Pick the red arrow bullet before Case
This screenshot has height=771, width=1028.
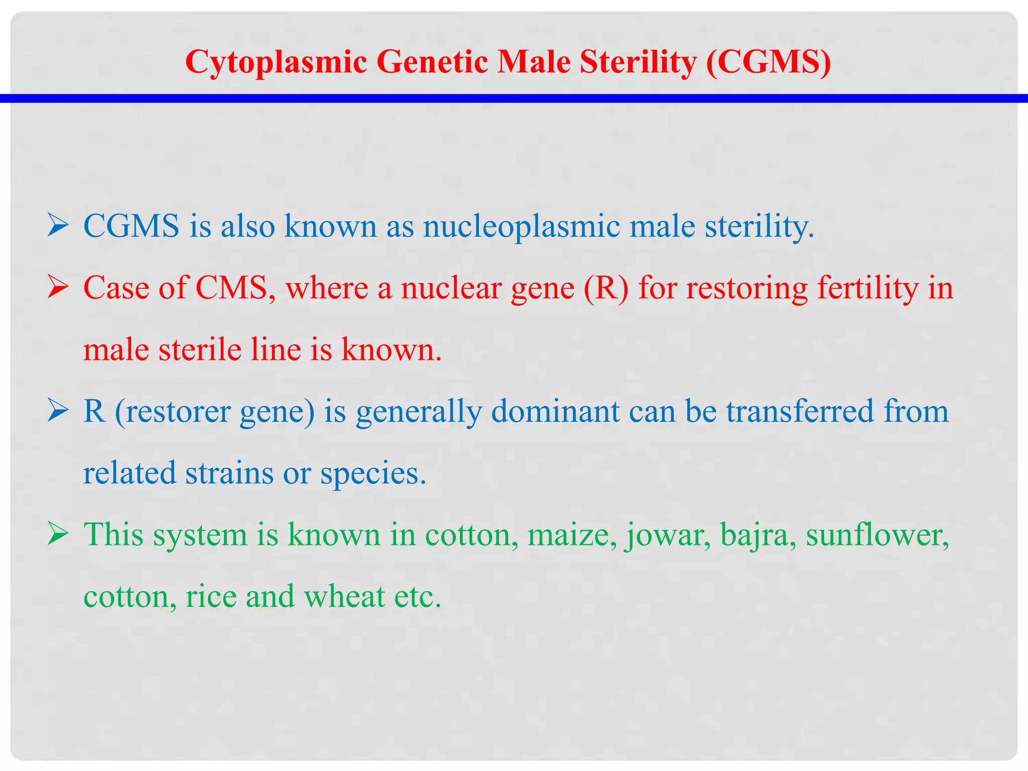58,289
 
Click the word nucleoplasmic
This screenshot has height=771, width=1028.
522,226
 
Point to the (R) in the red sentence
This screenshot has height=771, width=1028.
606,289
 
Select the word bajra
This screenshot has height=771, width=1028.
757,535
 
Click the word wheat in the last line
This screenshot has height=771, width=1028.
344,597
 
